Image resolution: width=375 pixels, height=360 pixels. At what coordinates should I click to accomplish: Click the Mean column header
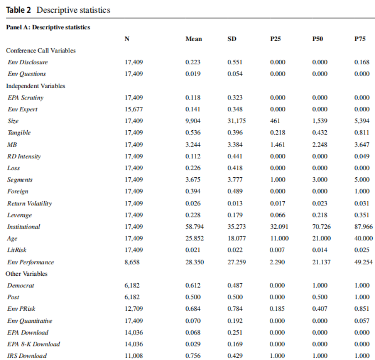[193, 39]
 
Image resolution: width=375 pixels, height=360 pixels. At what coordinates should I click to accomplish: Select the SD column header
[232, 39]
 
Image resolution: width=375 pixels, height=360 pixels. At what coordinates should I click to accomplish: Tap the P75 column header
[361, 39]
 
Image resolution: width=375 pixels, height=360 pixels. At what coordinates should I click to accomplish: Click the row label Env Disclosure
[28, 62]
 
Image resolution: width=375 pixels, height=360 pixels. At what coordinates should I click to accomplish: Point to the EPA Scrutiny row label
[26, 98]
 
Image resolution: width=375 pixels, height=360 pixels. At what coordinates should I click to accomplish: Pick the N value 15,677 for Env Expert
[134, 109]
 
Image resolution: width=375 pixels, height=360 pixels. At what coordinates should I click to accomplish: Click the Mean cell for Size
[193, 121]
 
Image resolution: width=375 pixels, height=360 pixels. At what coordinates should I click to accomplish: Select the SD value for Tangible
[234, 133]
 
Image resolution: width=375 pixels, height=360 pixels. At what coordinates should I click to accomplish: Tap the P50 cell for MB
[319, 145]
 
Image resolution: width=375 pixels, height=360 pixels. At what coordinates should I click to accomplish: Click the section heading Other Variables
[26, 274]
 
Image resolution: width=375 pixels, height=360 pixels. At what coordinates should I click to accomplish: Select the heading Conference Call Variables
[41, 51]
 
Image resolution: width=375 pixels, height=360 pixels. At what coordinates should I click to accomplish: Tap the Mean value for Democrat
[193, 285]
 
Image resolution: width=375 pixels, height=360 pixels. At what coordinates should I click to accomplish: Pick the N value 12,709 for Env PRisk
[134, 309]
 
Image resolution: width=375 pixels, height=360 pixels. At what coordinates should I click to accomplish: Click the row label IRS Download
[27, 356]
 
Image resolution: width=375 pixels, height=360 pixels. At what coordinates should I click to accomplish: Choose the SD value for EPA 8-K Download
[234, 344]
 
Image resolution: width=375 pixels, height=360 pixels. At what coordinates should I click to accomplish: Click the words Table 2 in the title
[19, 10]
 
